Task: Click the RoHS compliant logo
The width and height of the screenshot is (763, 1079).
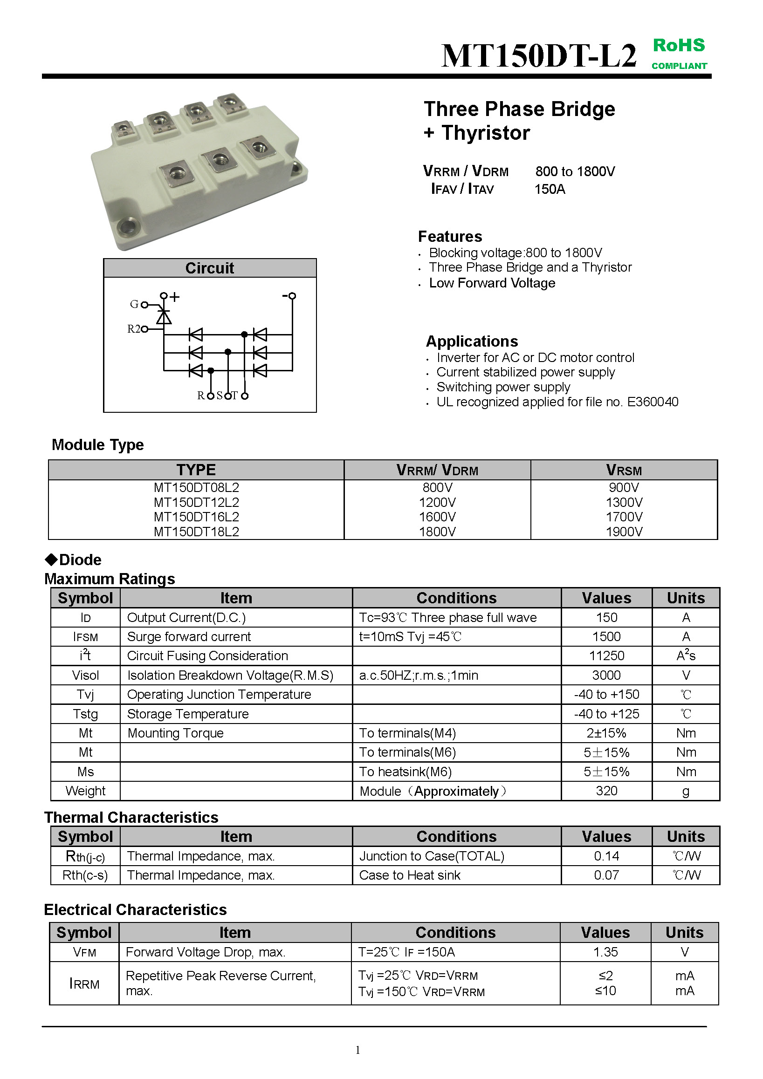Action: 679,53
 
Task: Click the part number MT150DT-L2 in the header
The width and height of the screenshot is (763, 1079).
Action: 539,56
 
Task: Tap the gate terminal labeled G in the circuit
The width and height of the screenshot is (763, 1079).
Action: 144,305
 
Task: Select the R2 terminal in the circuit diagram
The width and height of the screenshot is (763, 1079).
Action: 144,329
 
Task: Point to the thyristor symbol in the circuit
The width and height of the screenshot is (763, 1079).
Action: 164,317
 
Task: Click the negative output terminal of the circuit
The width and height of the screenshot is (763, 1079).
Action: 292,296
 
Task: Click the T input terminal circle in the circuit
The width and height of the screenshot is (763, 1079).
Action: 244,396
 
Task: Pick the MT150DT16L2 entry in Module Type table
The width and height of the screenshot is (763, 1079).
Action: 197,517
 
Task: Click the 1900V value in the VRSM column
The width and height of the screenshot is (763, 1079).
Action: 624,532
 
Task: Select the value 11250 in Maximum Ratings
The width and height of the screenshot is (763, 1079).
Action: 606,656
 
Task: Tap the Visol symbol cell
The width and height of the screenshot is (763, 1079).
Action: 86,676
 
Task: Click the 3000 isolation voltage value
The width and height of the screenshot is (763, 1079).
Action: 606,676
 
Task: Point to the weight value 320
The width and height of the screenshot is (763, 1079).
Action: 606,791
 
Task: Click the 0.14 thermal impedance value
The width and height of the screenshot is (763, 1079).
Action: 606,856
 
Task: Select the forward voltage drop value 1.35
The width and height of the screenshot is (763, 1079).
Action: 605,952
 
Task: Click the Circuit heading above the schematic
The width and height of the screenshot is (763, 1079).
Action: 210,268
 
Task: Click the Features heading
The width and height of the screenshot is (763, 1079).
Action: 450,236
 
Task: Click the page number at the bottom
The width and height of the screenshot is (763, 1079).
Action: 358,1050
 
